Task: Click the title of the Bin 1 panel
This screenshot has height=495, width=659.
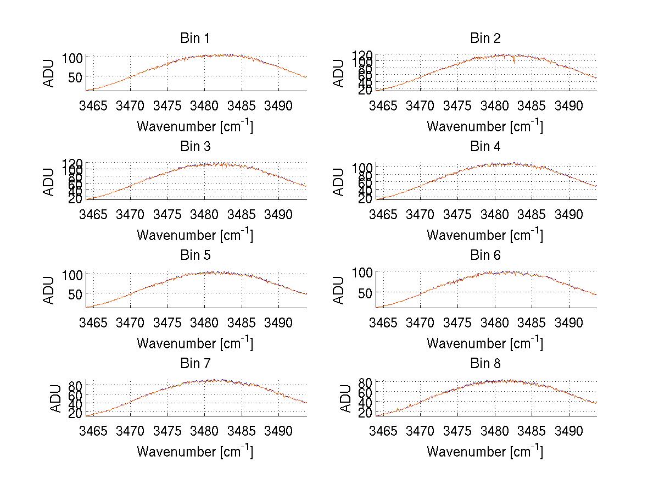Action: (x=195, y=38)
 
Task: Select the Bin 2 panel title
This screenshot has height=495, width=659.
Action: (x=485, y=38)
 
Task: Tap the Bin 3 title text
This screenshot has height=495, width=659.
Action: (x=195, y=147)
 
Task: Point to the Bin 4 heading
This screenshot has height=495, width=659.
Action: (x=485, y=147)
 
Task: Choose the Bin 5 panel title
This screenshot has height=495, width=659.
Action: (x=195, y=255)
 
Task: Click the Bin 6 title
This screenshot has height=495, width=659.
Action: (x=485, y=255)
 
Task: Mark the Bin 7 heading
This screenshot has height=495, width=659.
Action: (x=195, y=364)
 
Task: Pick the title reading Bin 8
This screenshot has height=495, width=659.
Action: (x=485, y=364)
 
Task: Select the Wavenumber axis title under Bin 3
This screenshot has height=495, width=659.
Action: (x=195, y=235)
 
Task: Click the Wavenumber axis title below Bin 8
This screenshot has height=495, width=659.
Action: (x=485, y=451)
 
